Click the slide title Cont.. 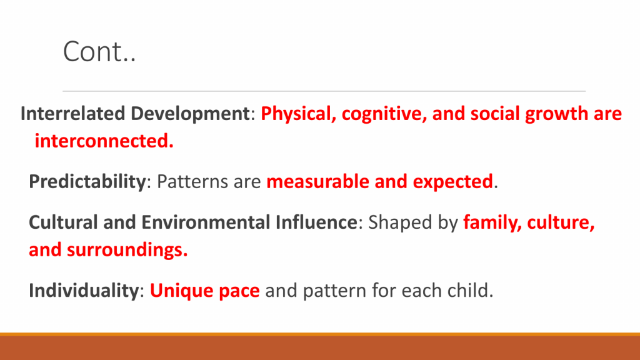pos(99,52)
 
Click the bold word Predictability pos(87,182)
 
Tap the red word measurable pos(317,182)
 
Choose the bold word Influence pos(316,222)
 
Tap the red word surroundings pos(127,250)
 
